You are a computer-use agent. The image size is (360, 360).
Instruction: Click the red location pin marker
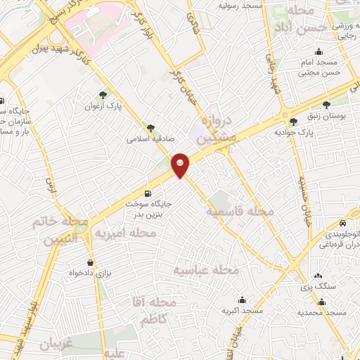pyautogui.click(x=181, y=165)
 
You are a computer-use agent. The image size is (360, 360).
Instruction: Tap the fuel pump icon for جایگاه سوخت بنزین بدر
pyautogui.click(x=147, y=194)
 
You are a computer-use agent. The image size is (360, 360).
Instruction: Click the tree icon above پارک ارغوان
pyautogui.click(x=105, y=95)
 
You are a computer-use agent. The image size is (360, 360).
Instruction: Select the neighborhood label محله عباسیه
pyautogui.click(x=207, y=270)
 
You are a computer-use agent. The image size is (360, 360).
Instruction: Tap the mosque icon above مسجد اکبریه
pyautogui.click(x=241, y=299)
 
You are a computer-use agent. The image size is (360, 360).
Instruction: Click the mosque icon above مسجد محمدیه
pyautogui.click(x=321, y=302)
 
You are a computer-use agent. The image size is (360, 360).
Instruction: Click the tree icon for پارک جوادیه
pyautogui.click(x=293, y=122)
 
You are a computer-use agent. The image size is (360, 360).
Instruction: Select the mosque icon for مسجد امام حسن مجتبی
pyautogui.click(x=319, y=51)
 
